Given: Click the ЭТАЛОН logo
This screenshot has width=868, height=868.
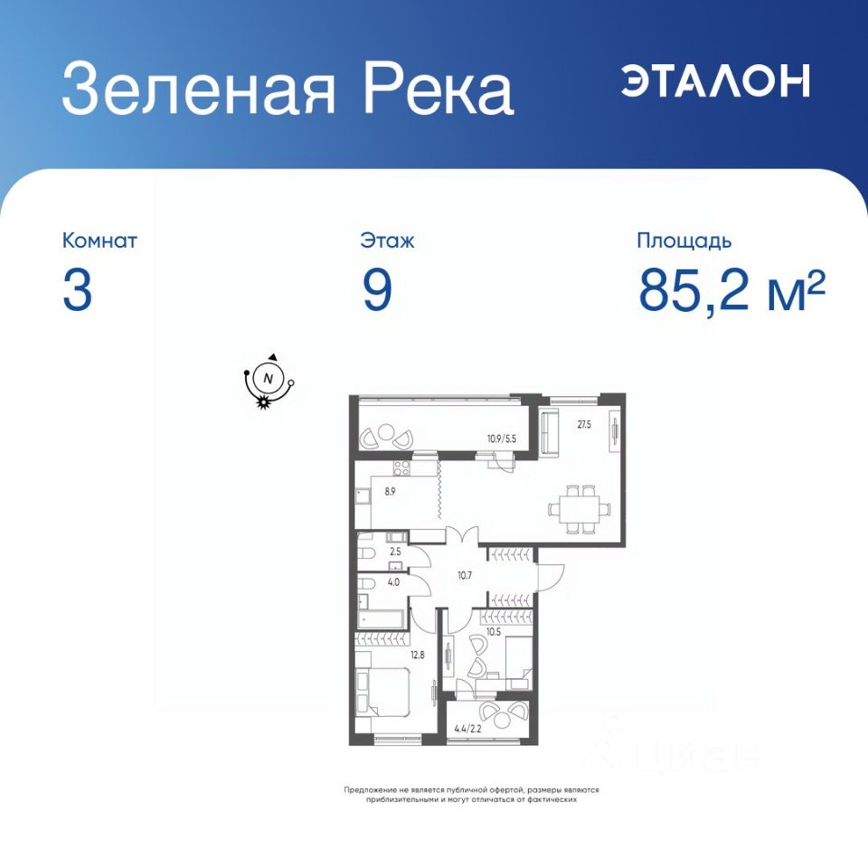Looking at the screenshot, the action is click(715, 80).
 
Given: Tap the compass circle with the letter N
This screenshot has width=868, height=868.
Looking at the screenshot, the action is click(269, 379).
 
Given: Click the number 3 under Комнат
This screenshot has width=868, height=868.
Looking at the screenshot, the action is click(77, 291).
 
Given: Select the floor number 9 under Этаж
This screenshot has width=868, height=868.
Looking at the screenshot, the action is click(377, 291).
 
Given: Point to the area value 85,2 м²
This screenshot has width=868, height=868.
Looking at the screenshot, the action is click(731, 290).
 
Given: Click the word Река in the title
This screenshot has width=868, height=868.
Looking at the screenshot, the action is click(438, 89).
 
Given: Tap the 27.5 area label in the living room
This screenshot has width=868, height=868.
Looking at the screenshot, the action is click(584, 425).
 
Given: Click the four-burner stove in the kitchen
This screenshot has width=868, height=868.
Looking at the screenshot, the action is click(401, 468).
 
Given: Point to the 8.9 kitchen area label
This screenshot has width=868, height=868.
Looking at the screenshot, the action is click(391, 491).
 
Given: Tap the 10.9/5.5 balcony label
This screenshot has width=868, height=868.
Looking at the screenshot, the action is click(502, 439).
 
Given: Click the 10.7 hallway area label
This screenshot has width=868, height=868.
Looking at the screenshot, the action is click(465, 575).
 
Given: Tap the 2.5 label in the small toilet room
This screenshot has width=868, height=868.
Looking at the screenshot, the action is click(395, 552).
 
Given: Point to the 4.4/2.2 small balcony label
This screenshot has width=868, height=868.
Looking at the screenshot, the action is click(467, 729).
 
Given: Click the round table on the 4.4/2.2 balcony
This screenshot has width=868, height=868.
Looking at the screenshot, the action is click(504, 721).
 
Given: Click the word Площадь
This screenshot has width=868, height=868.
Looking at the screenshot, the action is click(684, 241).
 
